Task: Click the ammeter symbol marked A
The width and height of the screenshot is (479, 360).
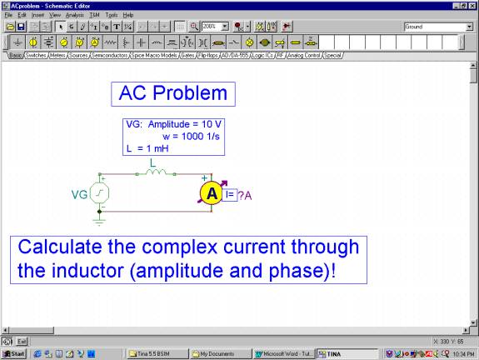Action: click(212, 193)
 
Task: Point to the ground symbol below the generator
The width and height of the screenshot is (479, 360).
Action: click(101, 222)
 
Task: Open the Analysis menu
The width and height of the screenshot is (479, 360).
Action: click(74, 15)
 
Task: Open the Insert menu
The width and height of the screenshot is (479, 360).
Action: click(38, 15)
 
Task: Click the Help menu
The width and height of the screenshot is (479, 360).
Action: click(128, 15)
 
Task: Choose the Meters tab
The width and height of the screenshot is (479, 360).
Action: click(59, 55)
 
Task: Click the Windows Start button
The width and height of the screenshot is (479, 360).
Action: click(14, 353)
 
